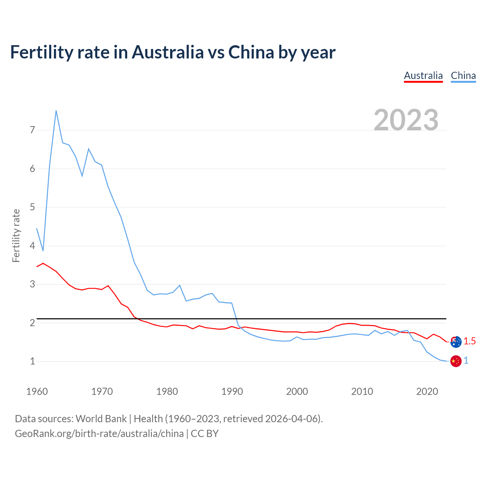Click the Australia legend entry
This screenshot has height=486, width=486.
tap(423, 76)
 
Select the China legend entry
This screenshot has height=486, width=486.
tap(463, 76)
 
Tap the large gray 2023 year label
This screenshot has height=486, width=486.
tap(406, 120)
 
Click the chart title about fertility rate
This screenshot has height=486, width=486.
tap(173, 52)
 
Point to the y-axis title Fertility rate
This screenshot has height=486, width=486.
tap(16, 235)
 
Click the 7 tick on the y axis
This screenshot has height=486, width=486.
tap(32, 130)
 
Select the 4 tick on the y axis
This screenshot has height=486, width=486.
tap(32, 246)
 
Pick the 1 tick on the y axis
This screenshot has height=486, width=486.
tap(32, 361)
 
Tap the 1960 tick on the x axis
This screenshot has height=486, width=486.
tap(37, 391)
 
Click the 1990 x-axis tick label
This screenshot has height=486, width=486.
tap(232, 391)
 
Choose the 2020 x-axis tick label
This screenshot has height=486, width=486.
tap(427, 391)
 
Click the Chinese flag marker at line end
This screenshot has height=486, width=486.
tap(456, 361)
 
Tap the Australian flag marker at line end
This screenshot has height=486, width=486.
tap(456, 342)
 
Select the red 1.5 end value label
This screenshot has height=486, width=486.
tap(470, 341)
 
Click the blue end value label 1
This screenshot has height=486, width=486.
tap(466, 361)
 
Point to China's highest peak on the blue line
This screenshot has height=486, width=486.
tap(56, 110)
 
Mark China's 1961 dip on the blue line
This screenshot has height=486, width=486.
tap(43, 251)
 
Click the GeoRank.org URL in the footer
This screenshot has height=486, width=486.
tap(99, 434)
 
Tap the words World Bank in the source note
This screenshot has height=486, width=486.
tap(101, 419)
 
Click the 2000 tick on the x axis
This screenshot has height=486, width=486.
tap(297, 391)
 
